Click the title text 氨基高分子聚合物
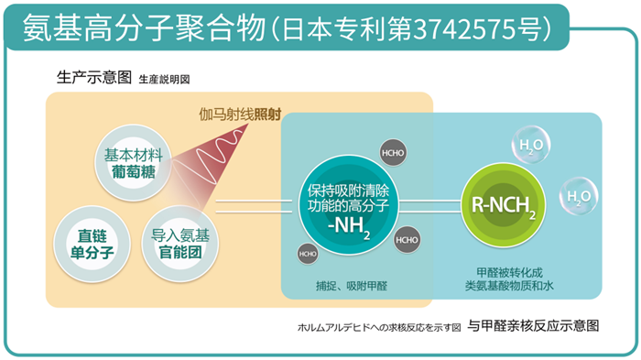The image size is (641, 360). (x=145, y=28)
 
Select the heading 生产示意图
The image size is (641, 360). (x=94, y=77)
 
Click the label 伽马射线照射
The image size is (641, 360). (x=240, y=115)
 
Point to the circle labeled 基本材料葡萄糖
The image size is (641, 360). (x=134, y=163)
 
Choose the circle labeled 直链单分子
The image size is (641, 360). (x=92, y=245)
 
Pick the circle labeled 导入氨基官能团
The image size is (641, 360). (x=180, y=244)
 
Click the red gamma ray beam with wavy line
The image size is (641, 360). (x=212, y=164)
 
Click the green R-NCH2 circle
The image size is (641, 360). (x=504, y=205)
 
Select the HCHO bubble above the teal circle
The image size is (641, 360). (x=393, y=153)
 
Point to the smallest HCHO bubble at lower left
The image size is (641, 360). (x=308, y=254)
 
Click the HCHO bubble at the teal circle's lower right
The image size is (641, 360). (x=407, y=240)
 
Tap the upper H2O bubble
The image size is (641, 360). (x=530, y=145)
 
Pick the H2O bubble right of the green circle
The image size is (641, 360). (x=579, y=196)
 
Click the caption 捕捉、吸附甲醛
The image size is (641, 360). (x=352, y=286)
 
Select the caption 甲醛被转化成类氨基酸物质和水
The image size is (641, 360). (x=509, y=279)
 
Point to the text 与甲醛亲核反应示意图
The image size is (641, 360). (x=534, y=325)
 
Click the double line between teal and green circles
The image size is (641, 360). (x=430, y=206)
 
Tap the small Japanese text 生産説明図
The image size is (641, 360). (x=164, y=79)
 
